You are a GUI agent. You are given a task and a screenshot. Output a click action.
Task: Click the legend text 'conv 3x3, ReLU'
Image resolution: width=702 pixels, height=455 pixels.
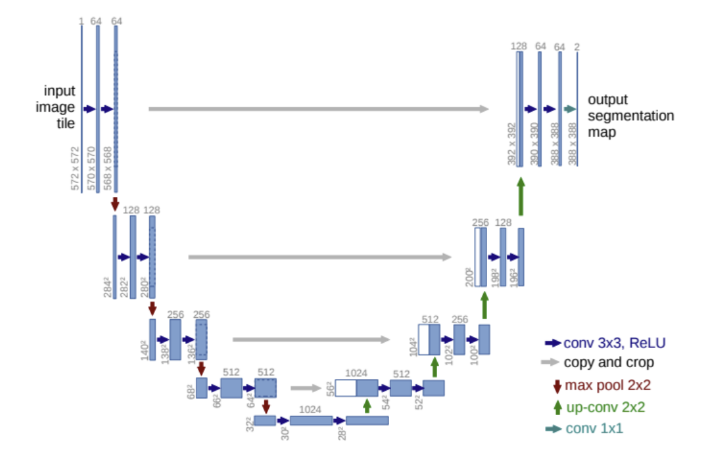tap(615, 342)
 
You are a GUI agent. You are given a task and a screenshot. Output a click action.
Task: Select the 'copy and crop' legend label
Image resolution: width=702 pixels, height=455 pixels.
tap(609, 362)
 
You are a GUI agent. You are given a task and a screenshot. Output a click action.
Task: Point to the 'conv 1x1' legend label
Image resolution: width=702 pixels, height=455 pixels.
tap(593, 429)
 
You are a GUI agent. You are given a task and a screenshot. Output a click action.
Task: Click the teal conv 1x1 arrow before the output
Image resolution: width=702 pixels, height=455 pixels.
tap(570, 109)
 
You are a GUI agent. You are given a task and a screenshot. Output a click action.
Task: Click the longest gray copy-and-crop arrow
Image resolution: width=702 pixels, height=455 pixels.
tap(319, 109)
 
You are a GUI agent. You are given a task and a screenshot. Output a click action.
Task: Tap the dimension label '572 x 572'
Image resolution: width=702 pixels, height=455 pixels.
tap(74, 169)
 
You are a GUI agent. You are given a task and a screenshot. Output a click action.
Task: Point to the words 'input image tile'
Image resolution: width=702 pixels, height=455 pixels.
tap(59, 107)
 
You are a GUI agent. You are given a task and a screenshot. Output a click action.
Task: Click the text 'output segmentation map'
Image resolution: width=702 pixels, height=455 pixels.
tap(630, 116)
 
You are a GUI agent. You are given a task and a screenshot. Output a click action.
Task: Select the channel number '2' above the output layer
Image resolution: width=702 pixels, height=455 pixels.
tap(576, 47)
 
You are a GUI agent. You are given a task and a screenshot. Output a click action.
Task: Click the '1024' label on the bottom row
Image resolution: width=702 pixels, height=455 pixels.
tap(310, 409)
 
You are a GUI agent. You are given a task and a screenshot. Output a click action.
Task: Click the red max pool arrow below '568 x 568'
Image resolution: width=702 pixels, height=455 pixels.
tap(116, 203)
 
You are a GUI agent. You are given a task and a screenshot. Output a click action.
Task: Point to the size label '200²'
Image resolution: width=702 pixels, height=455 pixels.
tap(469, 276)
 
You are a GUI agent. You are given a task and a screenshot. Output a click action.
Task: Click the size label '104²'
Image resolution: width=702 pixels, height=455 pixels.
tap(412, 347)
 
